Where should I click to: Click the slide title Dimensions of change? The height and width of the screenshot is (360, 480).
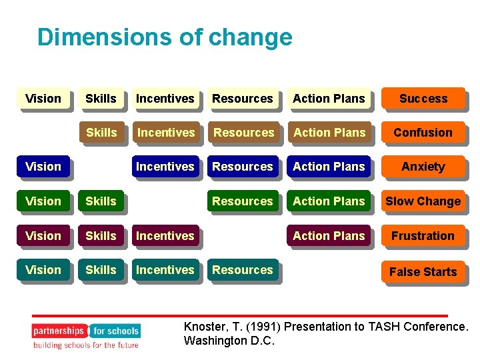(x=165, y=37)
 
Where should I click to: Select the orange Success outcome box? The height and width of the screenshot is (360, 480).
(x=423, y=99)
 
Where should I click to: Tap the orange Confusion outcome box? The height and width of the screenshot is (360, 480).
(x=423, y=133)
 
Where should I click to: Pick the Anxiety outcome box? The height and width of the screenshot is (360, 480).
(x=423, y=167)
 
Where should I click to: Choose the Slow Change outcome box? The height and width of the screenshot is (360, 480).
(x=423, y=201)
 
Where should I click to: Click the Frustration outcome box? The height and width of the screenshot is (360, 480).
(x=423, y=236)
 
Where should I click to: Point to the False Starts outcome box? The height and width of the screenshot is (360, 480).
(x=423, y=272)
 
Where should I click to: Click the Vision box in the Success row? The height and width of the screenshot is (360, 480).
(x=43, y=99)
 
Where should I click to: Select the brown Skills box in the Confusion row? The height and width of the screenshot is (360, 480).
(x=101, y=133)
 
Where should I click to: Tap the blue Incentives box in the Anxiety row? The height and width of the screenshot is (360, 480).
(x=165, y=167)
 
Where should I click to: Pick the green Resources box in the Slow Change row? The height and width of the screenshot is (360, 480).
(x=243, y=201)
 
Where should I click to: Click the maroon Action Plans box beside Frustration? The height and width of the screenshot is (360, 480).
(x=329, y=236)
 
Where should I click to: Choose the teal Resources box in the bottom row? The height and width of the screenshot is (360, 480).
(x=243, y=270)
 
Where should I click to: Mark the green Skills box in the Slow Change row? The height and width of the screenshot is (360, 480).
(x=101, y=201)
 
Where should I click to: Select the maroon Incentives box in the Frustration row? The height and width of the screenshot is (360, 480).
(x=165, y=236)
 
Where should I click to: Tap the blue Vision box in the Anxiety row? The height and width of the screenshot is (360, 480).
(x=43, y=167)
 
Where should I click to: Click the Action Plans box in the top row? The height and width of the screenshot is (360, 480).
(x=329, y=99)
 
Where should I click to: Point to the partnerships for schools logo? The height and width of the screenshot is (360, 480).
(x=86, y=331)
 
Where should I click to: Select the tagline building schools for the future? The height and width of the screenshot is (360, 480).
(x=86, y=345)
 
